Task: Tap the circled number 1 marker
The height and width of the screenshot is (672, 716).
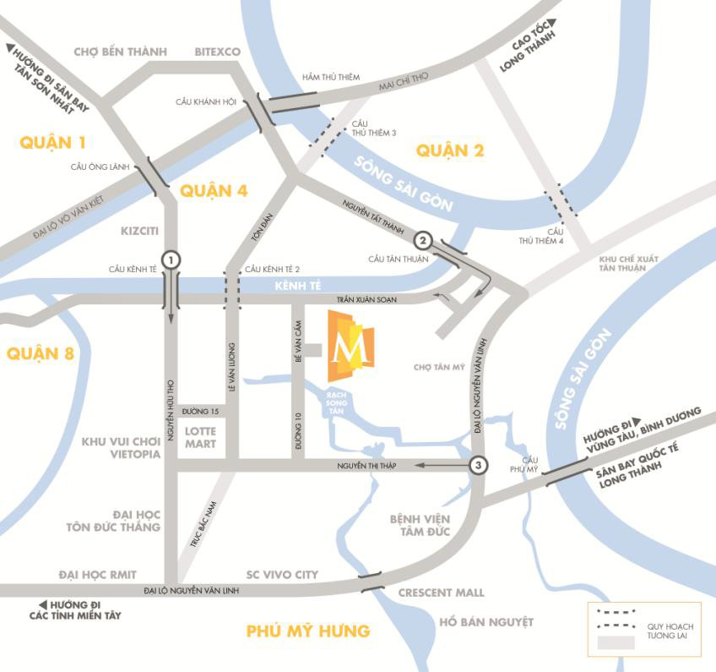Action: (x=171, y=260)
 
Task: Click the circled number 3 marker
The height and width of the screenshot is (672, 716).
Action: (x=479, y=465)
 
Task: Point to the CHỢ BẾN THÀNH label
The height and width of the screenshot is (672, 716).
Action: (x=121, y=52)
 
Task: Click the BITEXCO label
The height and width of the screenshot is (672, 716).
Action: (x=218, y=52)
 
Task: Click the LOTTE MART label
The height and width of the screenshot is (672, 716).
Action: (x=201, y=437)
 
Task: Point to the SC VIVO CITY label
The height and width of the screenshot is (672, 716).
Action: (x=282, y=575)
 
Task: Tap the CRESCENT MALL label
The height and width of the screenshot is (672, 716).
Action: (x=441, y=593)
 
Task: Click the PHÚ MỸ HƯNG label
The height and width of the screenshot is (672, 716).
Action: (x=307, y=631)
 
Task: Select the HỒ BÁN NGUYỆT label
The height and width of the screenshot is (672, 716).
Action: (x=486, y=622)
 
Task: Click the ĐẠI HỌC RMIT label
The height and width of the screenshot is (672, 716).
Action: (x=98, y=575)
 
